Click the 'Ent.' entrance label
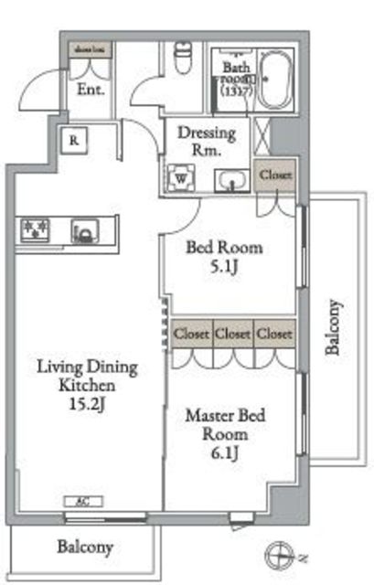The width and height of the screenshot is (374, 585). [x=91, y=90]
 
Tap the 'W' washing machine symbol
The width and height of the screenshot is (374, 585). [x=181, y=177]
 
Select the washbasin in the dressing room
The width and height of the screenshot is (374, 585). [x=232, y=180]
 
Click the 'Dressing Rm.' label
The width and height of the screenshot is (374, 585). [x=207, y=142]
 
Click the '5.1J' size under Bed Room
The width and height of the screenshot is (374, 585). [x=224, y=269]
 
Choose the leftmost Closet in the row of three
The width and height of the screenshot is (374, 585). [x=190, y=334]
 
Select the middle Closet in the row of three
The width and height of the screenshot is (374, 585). [x=232, y=334]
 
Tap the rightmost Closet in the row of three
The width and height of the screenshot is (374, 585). [x=274, y=334]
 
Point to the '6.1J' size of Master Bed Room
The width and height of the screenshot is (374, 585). [x=224, y=454]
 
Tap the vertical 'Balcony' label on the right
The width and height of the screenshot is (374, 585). [x=335, y=328]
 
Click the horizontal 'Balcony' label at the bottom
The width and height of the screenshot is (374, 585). [x=85, y=548]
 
